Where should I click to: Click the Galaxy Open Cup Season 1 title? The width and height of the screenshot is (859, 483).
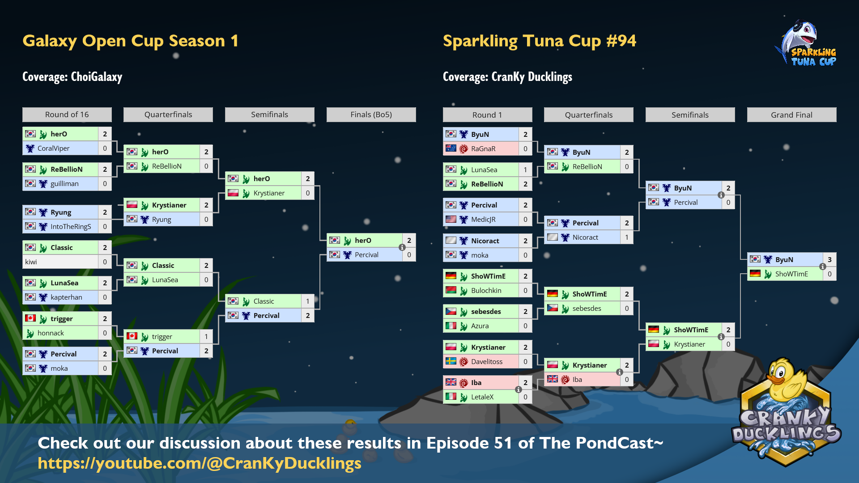coord(130,41)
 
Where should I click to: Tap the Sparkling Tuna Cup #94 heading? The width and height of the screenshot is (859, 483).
coord(539,41)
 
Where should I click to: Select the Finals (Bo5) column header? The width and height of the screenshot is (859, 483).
coord(371,114)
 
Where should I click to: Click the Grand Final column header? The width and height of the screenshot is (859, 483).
coord(791,115)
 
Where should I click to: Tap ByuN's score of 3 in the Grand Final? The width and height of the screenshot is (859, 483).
coord(829,259)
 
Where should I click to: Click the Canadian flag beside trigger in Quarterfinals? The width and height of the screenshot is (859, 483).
coord(132,336)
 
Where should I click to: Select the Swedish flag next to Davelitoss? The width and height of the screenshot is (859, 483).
coord(451,361)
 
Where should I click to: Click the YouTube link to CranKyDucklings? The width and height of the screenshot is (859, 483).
coord(200,463)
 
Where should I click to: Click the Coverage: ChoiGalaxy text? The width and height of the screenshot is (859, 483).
coord(72,77)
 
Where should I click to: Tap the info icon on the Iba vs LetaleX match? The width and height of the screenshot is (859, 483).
coord(519,390)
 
